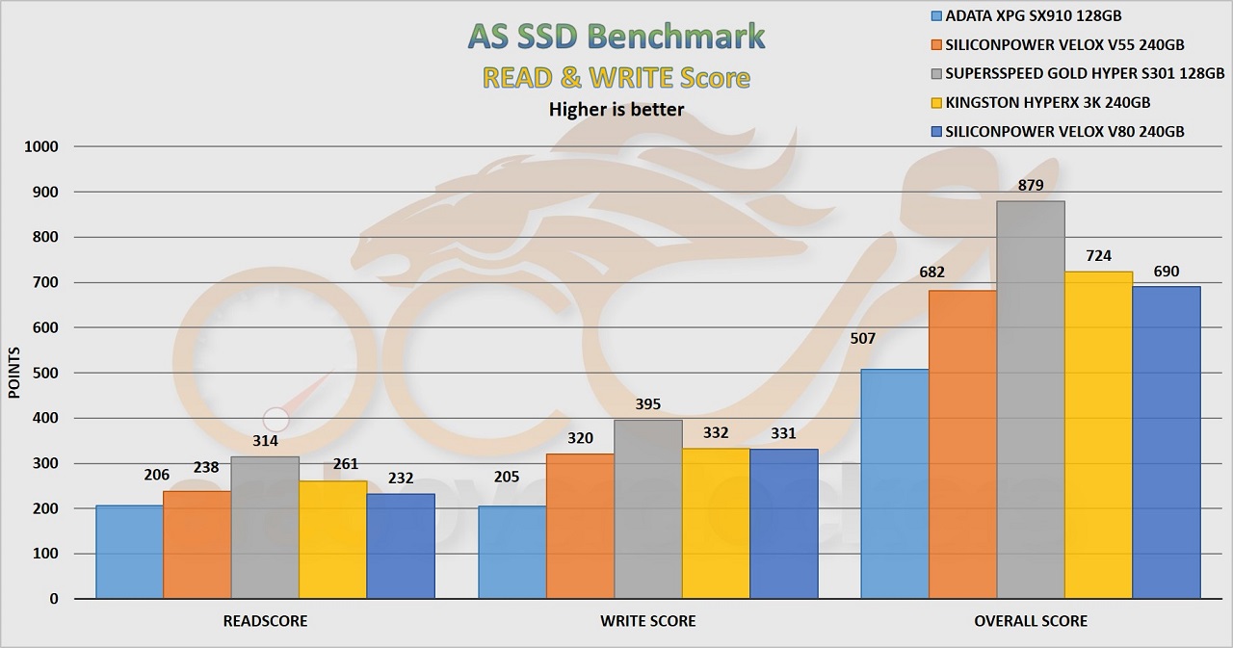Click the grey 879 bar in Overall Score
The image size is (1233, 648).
[x=1031, y=400]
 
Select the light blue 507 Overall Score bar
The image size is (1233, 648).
[x=895, y=483]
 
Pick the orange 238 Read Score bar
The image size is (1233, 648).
[x=197, y=544]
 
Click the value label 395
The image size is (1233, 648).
[x=647, y=404]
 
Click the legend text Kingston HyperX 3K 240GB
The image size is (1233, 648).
[x=1048, y=102]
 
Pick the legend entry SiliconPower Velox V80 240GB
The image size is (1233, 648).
[x=1064, y=131]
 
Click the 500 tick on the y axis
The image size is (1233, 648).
[x=45, y=373]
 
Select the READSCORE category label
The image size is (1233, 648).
[x=265, y=621]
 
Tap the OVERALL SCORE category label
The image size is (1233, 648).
[x=1031, y=621]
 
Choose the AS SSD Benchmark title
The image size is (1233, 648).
[x=616, y=36]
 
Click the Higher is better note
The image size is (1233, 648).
[x=616, y=109]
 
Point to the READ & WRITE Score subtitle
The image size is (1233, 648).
[x=616, y=77]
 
